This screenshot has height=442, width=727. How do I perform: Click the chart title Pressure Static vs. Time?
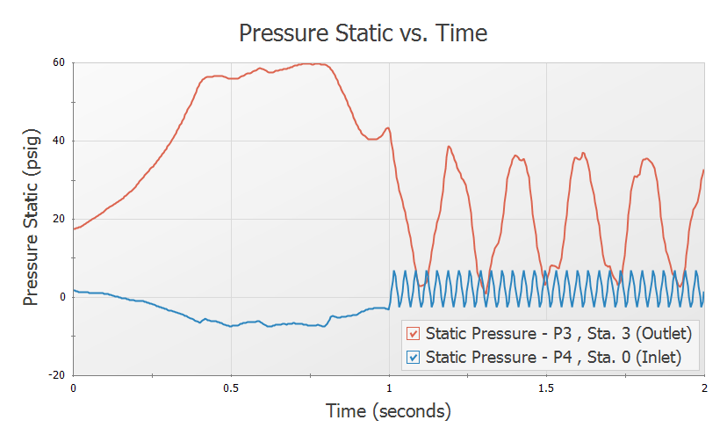pos(363,33)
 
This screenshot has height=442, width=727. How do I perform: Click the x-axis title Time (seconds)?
pos(388,410)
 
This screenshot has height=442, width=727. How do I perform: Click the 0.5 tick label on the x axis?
pos(231,388)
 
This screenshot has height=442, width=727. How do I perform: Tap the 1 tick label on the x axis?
pos(389,388)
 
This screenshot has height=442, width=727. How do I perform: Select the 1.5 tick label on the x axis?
pos(546,388)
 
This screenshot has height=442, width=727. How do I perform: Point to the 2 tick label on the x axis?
pos(704,388)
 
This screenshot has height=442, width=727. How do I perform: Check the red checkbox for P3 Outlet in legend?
pos(413,334)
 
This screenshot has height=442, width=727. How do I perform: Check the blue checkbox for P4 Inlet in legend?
pos(413,358)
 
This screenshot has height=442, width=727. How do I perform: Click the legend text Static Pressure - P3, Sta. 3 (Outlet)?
pos(558,334)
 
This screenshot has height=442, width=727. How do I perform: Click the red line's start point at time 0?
pos(74,228)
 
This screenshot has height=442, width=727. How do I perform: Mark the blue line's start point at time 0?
pos(74,290)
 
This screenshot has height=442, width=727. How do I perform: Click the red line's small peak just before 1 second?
pos(387,128)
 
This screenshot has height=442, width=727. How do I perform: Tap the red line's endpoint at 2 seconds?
pos(704,170)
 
